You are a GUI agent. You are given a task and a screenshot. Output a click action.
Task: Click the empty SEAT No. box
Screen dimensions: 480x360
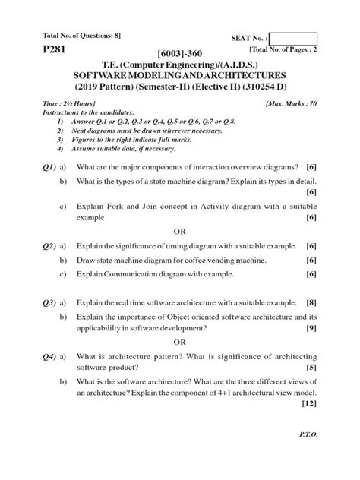pos(292,39)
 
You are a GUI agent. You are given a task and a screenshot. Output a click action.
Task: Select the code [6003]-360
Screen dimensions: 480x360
pos(180,54)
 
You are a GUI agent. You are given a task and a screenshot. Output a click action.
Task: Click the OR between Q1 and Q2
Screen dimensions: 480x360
pos(180,231)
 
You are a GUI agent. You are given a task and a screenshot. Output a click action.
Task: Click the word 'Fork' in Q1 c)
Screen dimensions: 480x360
pos(114,205)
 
